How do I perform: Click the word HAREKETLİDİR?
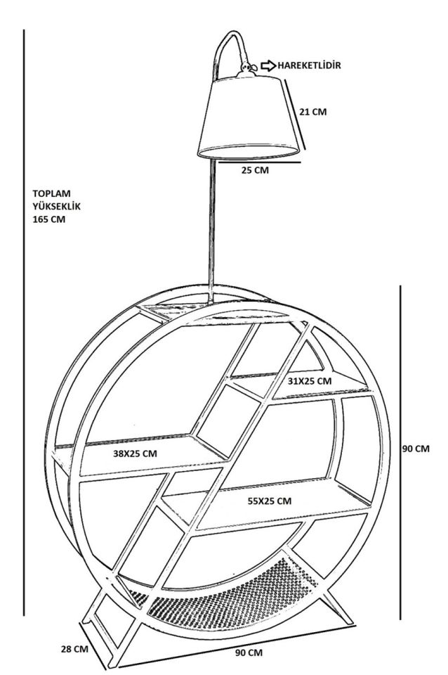coord(310,65)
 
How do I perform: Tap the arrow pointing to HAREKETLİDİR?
coord(269,65)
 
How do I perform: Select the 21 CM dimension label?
coord(313,111)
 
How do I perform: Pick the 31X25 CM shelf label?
coord(310,380)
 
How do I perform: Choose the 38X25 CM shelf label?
coord(136,454)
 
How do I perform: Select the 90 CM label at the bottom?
coord(249,652)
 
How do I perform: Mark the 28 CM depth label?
coord(74,648)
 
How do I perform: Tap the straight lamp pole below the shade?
coord(211,225)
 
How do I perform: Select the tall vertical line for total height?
coord(25,316)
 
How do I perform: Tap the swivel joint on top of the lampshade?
coord(246,70)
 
